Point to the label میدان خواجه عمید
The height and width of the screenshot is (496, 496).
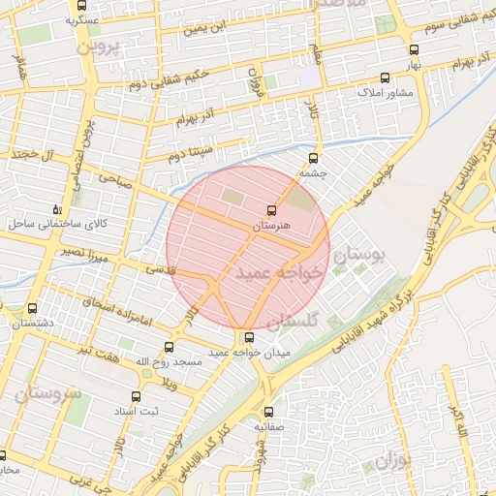pyautogui.click(x=250, y=354)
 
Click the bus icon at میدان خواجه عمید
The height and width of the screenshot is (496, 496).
pyautogui.click(x=250, y=338)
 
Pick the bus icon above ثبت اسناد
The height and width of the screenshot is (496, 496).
pyautogui.click(x=135, y=396)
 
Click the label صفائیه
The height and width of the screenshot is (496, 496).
pyautogui.click(x=270, y=425)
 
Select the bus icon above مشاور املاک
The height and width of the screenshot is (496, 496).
pyautogui.click(x=386, y=77)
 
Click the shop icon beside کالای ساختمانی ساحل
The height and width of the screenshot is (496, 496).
pyautogui.click(x=58, y=209)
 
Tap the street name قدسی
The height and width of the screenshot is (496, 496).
pyautogui.click(x=160, y=270)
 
